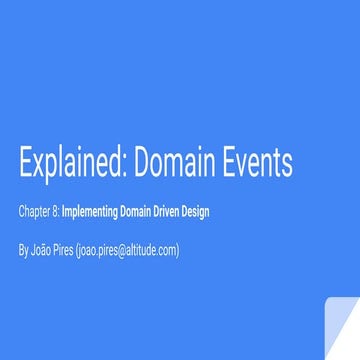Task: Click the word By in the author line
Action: click(x=23, y=250)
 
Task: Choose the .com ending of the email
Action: click(x=168, y=250)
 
